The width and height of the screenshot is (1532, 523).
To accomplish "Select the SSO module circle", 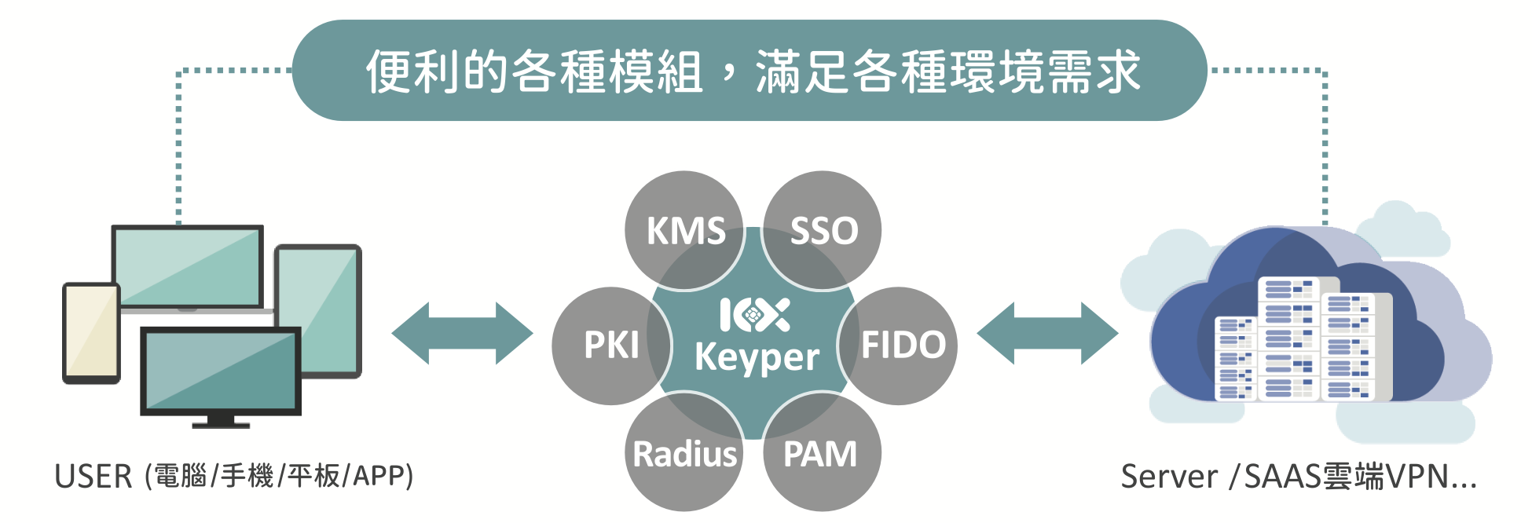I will click(x=823, y=230).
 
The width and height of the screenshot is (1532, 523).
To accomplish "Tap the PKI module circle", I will click(x=611, y=346).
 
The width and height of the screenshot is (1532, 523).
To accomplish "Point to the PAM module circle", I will click(x=821, y=454).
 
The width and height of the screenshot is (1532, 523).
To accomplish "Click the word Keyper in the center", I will click(x=757, y=357).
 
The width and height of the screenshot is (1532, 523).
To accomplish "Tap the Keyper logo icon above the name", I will click(x=754, y=315).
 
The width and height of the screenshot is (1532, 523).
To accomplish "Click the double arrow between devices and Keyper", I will click(x=462, y=333).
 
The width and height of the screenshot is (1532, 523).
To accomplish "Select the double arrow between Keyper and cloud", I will click(x=1047, y=333).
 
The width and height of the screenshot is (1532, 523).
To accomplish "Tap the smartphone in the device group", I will click(x=91, y=333).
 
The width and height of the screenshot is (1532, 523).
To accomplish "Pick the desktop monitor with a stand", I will click(x=221, y=373).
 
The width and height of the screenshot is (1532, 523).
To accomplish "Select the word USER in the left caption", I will click(x=93, y=477).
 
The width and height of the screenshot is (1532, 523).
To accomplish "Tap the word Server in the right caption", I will click(x=1168, y=477).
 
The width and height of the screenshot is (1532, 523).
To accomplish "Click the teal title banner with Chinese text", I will click(x=750, y=71).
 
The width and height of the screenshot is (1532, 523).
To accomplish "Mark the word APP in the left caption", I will click(x=378, y=476).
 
